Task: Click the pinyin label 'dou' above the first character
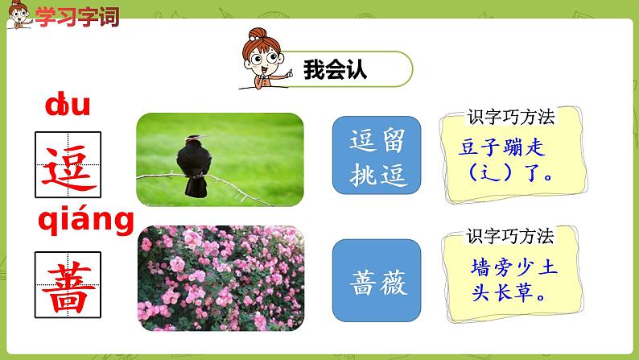pos(68,106)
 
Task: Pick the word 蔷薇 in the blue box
pos(376,282)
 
